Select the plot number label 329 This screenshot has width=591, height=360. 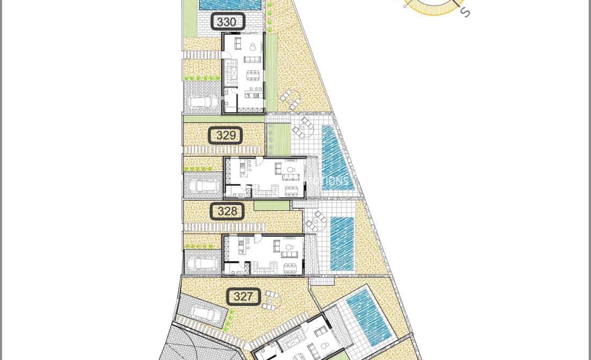tap(225, 136)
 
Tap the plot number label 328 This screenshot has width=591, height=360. tap(227, 211)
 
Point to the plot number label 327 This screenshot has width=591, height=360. tap(243, 296)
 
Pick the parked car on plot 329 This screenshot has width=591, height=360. tap(202, 185)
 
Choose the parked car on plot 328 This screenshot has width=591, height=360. tap(202, 262)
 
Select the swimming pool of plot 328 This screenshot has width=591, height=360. tap(342, 243)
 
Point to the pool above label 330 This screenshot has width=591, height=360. tap(230, 5)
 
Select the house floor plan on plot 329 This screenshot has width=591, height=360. tap(265, 177)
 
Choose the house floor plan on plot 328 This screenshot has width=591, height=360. tap(264, 255)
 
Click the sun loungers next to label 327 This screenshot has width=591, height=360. tap(270, 300)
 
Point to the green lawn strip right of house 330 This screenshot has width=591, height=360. tap(272, 72)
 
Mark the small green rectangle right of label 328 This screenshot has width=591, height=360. tap(272, 205)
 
